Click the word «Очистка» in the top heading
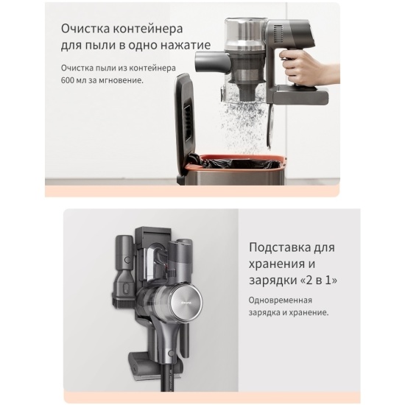tap(85, 29)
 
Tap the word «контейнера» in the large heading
tap(148, 29)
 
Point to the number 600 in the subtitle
tap(67, 80)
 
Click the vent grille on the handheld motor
tap(278, 35)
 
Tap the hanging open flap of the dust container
tap(270, 126)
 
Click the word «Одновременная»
tap(281, 300)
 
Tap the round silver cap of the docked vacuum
tap(186, 302)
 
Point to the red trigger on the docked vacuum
tap(170, 271)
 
